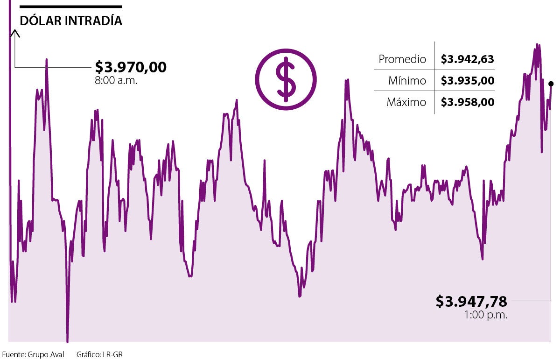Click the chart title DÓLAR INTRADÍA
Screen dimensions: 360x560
point(71,21)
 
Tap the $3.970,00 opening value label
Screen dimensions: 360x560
point(131,67)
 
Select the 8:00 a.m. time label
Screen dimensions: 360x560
point(116,80)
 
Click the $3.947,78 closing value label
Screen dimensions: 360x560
point(471,301)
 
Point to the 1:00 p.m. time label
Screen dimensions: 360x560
point(485,315)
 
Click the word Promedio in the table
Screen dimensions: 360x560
point(402,59)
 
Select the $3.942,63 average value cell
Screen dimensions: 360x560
point(467,59)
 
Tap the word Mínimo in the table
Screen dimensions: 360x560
point(407,81)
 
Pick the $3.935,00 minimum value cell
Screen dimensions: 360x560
point(467,81)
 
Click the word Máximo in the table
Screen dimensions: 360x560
point(406,102)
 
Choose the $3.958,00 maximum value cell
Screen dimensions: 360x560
point(467,102)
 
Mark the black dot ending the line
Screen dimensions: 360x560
point(551,84)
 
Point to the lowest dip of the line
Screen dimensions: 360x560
point(67,341)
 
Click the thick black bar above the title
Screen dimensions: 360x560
point(70,7)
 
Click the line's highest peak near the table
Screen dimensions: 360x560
point(537,45)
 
